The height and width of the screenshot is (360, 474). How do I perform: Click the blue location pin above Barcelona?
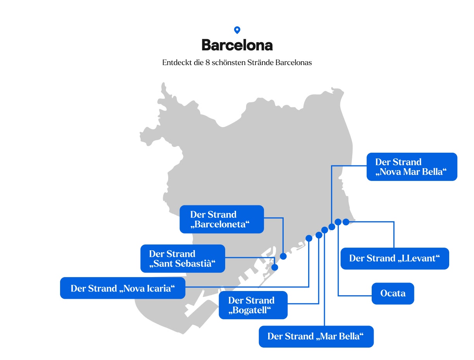tap(237, 30)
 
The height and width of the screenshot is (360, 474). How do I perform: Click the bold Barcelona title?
tap(237, 45)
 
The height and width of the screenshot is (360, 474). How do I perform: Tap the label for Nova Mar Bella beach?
tap(412, 167)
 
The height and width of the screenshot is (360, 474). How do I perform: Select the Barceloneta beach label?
tap(221, 219)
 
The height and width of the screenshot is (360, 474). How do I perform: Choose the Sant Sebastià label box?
tap(183, 258)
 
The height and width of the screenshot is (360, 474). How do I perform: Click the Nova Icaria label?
tap(122, 288)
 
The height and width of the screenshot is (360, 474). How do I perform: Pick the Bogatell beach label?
tap(253, 305)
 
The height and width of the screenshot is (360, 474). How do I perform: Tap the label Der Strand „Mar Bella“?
tap(316, 336)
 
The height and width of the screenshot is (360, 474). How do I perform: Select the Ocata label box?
tap(393, 293)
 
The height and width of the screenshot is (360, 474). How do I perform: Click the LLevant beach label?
tap(395, 258)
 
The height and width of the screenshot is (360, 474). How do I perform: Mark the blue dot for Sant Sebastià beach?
tap(275, 267)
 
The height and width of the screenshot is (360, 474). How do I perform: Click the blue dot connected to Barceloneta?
tap(283, 256)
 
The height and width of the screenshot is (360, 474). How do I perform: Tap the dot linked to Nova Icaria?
tap(309, 238)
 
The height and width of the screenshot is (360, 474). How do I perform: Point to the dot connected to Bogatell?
tap(319, 235)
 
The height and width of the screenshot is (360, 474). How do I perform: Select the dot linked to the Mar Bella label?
tap(325, 230)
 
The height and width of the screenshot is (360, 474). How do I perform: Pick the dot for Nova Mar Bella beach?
tap(332, 227)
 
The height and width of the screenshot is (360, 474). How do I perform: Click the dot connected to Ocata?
tap(338, 222)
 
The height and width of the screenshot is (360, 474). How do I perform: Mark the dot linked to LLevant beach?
tap(346, 222)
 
